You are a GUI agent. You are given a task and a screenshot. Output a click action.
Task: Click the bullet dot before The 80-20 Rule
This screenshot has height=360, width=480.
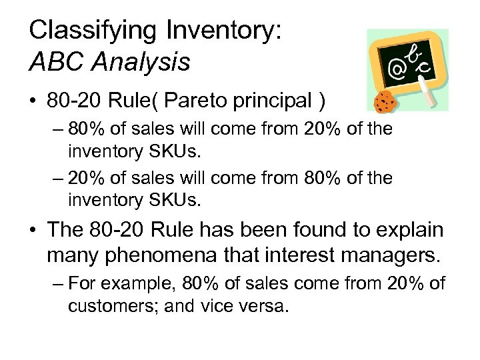[35, 231]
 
